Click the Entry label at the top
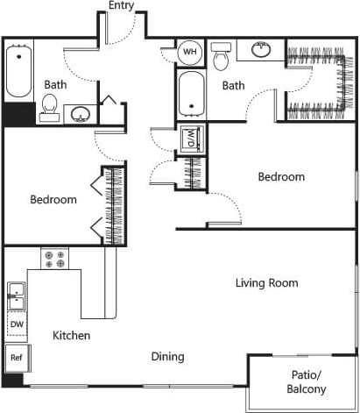click(122, 6)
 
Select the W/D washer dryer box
click(191, 139)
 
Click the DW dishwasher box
click(16, 324)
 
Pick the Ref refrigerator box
click(16, 358)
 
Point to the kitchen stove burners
click(54, 258)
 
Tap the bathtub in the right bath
click(191, 94)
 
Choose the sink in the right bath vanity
click(260, 50)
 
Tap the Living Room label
click(266, 283)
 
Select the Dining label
click(167, 357)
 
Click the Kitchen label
click(71, 336)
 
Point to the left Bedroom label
click(53, 200)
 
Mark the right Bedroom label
click(281, 177)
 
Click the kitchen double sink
click(16, 296)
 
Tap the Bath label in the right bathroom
click(233, 85)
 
